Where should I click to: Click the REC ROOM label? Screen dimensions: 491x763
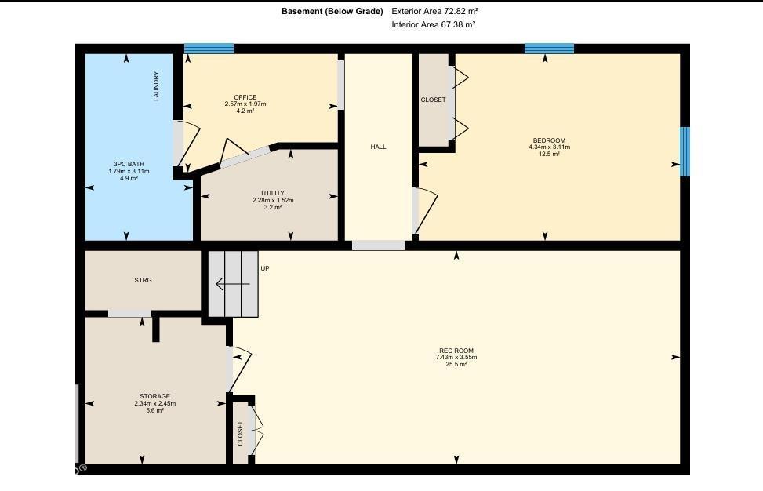pyautogui.click(x=456, y=351)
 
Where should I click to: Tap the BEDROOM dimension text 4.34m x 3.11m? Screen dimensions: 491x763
pyautogui.click(x=549, y=147)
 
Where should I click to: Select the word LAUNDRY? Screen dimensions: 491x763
pyautogui.click(x=157, y=86)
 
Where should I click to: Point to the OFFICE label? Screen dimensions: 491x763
pyautogui.click(x=245, y=97)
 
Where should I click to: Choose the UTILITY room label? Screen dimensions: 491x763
pyautogui.click(x=273, y=193)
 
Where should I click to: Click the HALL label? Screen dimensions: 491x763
pyautogui.click(x=378, y=147)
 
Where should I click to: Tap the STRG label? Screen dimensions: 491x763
pyautogui.click(x=143, y=280)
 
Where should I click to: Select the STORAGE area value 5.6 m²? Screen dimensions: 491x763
pyautogui.click(x=154, y=410)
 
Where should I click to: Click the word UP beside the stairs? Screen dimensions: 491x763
pyautogui.click(x=265, y=269)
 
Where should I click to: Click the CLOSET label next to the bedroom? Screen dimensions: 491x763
pyautogui.click(x=433, y=100)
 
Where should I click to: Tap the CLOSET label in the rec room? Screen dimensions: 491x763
pyautogui.click(x=240, y=434)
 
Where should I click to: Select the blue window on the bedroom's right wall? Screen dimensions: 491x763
pyautogui.click(x=685, y=151)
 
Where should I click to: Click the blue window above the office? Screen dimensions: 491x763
pyautogui.click(x=209, y=49)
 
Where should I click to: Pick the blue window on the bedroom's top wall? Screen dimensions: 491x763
pyautogui.click(x=549, y=49)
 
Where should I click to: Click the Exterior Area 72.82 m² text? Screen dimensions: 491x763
pyautogui.click(x=434, y=12)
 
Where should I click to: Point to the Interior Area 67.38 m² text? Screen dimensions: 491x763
pyautogui.click(x=434, y=25)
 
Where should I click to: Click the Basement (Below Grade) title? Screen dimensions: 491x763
pyautogui.click(x=332, y=12)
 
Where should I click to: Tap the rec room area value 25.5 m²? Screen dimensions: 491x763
pyautogui.click(x=456, y=364)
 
